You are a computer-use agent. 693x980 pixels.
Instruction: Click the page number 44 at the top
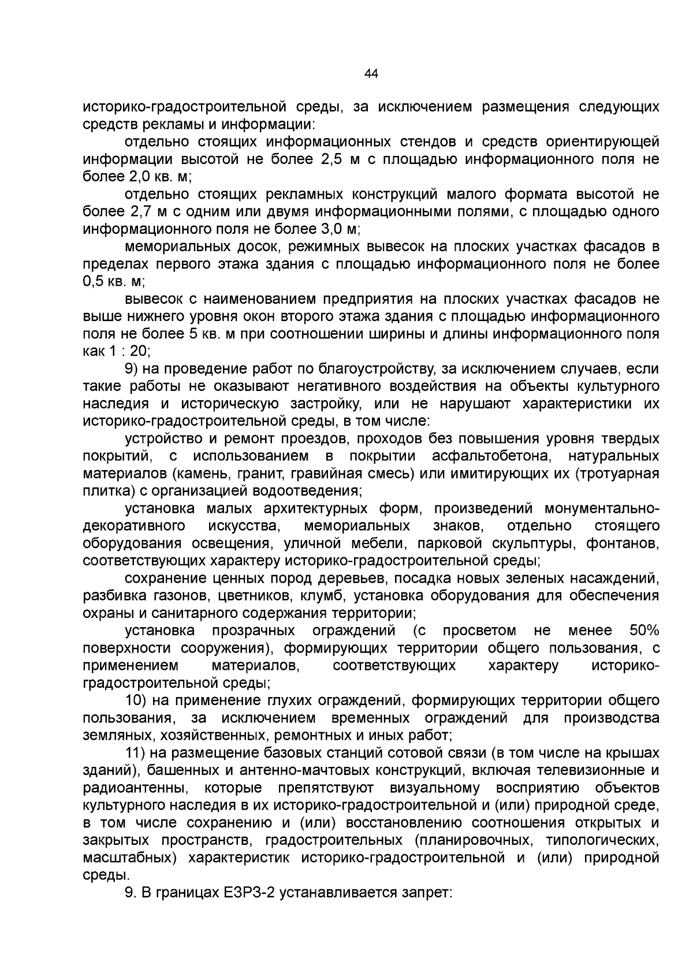coord(371,73)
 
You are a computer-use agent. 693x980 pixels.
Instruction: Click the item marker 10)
coord(139,700)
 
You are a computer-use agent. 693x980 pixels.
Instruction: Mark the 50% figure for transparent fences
coord(644,631)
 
